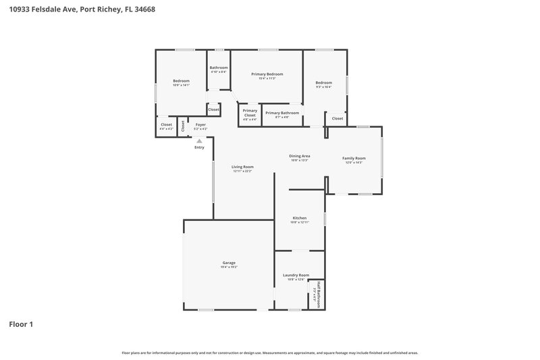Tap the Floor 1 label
tap(21, 324)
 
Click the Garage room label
tap(229, 263)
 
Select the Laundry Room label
tap(296, 275)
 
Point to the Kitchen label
tap(300, 218)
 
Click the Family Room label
tap(354, 158)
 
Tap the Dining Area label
tap(300, 156)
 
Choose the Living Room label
tap(242, 167)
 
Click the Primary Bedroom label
tap(267, 74)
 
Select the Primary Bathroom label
tap(282, 113)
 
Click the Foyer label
tap(200, 124)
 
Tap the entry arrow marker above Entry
tap(199, 140)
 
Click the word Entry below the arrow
tap(199, 147)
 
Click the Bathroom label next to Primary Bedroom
tap(219, 68)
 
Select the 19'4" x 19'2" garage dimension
tap(229, 267)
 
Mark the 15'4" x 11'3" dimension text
tap(267, 78)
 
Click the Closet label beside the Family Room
tap(337, 118)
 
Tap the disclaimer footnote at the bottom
tap(270, 353)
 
